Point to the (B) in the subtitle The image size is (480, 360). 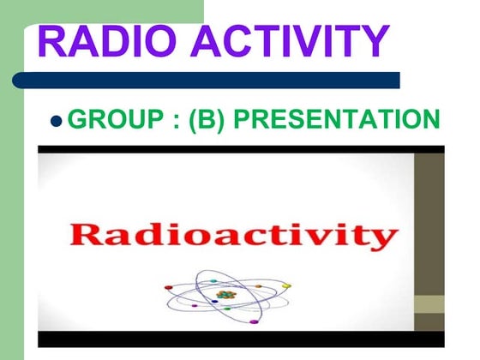coord(207,119)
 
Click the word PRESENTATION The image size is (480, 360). coord(336,119)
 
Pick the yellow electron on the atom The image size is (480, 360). coord(287,285)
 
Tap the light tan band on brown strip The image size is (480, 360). coord(429,304)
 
